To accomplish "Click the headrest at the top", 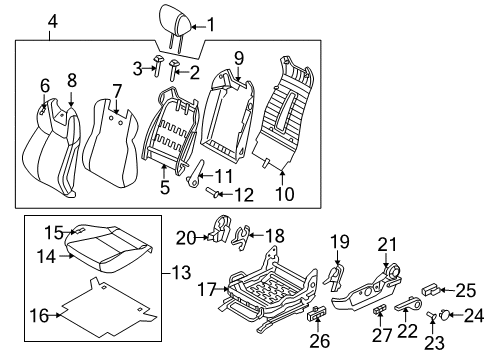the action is tap(175, 21).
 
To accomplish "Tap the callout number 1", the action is tap(211, 24).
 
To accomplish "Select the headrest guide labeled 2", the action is tap(174, 70).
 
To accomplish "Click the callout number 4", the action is tap(53, 22).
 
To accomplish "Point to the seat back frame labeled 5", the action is tap(171, 130).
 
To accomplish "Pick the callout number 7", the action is tap(116, 92).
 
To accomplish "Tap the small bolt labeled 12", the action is tap(212, 192).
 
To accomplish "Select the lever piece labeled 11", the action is tap(197, 173).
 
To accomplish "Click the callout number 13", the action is tap(181, 272).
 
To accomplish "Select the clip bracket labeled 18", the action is tap(241, 237).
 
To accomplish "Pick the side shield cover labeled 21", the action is tap(365, 287).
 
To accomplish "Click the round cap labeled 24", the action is tap(444, 315).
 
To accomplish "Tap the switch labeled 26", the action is tap(316, 314).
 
